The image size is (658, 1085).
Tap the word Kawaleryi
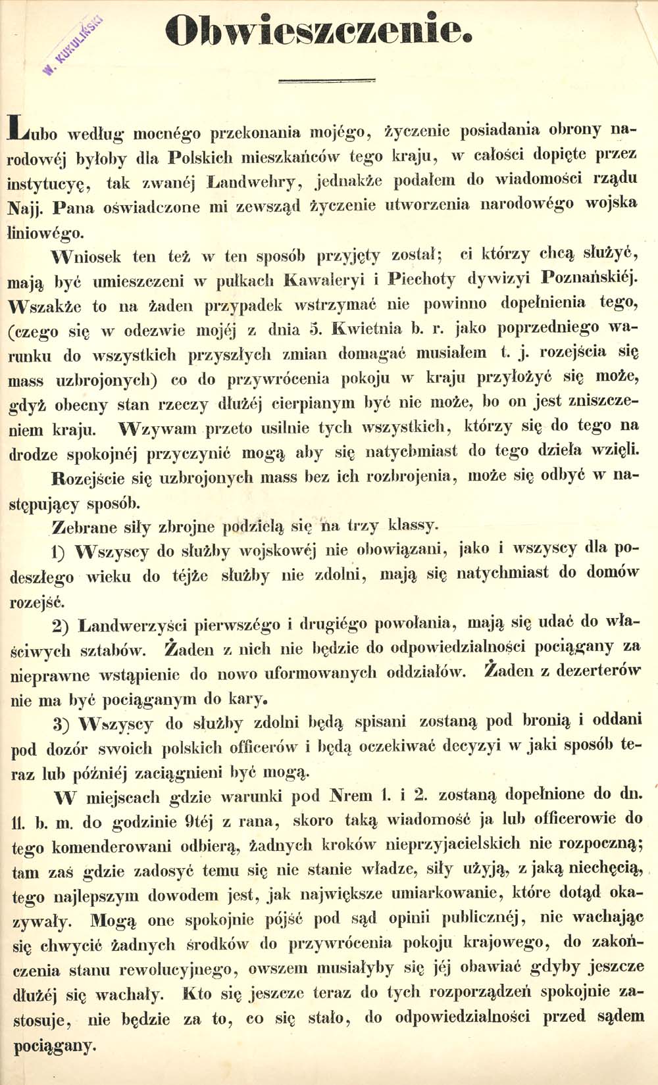tap(325, 279)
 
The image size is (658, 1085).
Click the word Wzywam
tap(159, 429)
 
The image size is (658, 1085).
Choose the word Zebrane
tap(84, 527)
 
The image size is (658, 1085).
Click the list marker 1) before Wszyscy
tap(60, 552)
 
